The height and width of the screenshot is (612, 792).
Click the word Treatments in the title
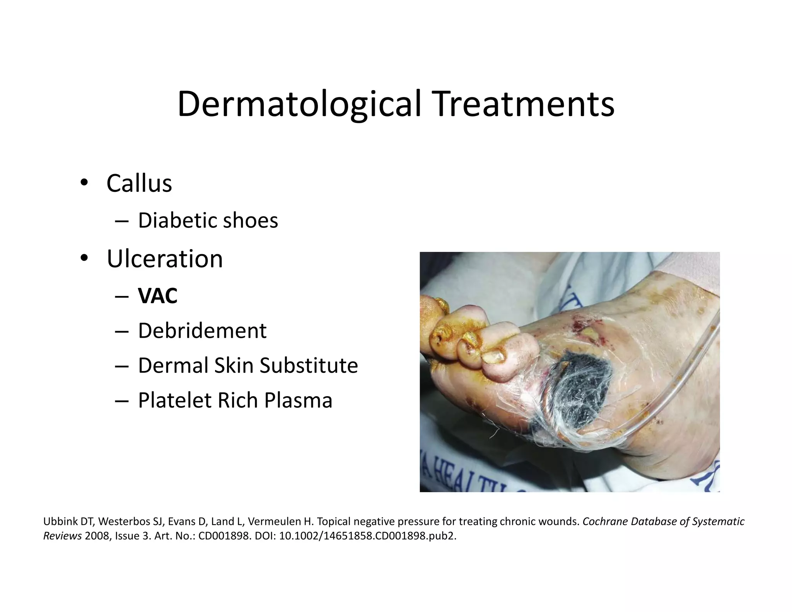pyautogui.click(x=524, y=104)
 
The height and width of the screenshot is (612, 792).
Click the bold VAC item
pyautogui.click(x=158, y=296)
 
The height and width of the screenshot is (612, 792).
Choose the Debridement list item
pyautogui.click(x=202, y=331)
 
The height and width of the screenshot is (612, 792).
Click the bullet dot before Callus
pyautogui.click(x=84, y=182)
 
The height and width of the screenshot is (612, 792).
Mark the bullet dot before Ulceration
pyautogui.click(x=84, y=258)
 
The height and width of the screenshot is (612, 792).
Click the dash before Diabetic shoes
pyautogui.click(x=121, y=221)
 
